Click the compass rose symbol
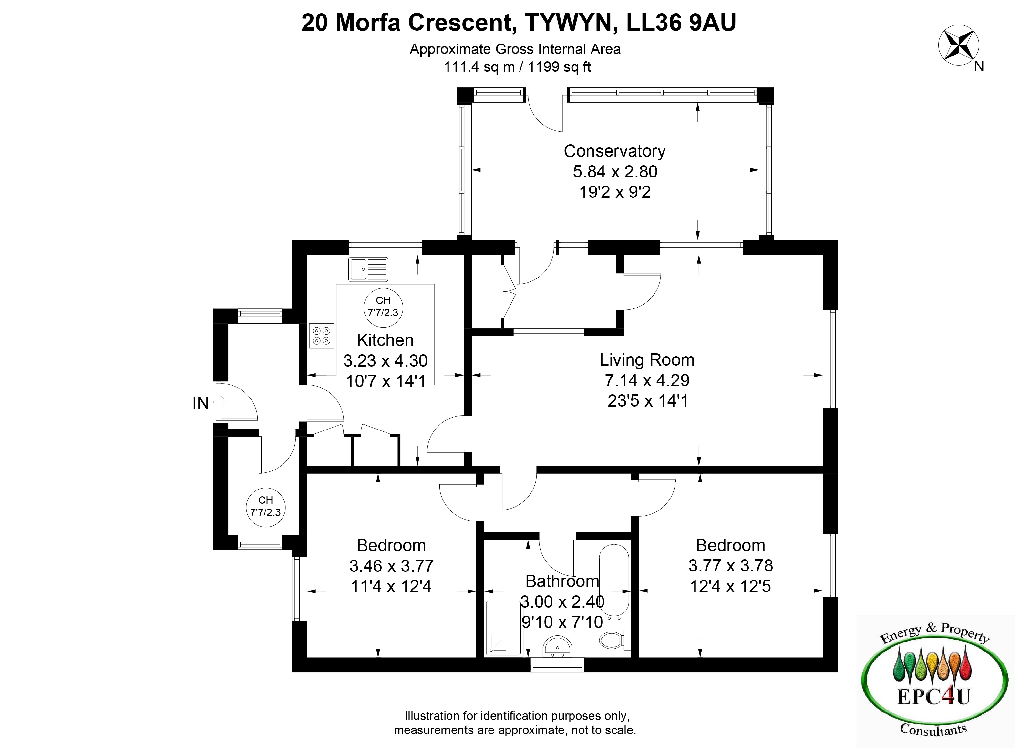pyautogui.click(x=958, y=45)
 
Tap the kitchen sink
pyautogui.click(x=368, y=269)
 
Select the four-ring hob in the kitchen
pyautogui.click(x=322, y=335)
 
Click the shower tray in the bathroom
pyautogui.click(x=503, y=628)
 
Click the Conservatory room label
pyautogui.click(x=614, y=151)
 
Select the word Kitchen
pyautogui.click(x=385, y=340)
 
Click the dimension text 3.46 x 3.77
pyautogui.click(x=391, y=566)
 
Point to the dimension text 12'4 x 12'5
pyautogui.click(x=731, y=586)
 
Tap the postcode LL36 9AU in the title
pyautogui.click(x=681, y=23)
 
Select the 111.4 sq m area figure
pyautogui.click(x=479, y=67)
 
